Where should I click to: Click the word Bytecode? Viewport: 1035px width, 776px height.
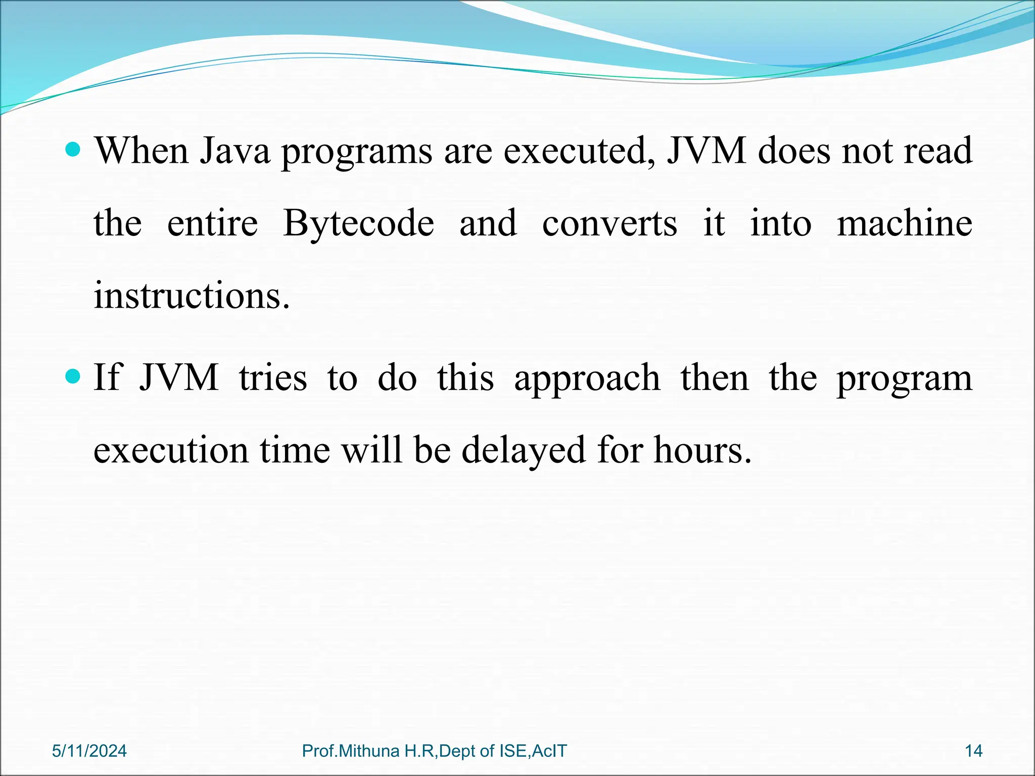pyautogui.click(x=358, y=224)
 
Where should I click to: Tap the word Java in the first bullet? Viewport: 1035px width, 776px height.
pyautogui.click(x=235, y=151)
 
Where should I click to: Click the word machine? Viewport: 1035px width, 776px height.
pyautogui.click(x=905, y=224)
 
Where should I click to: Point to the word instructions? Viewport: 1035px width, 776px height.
pyautogui.click(x=192, y=296)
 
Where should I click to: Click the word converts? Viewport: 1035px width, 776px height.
pyautogui.click(x=609, y=224)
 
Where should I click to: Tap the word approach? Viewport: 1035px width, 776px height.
pyautogui.click(x=587, y=378)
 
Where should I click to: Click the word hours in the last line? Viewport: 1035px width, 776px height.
pyautogui.click(x=702, y=450)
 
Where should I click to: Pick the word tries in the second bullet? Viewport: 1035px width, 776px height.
pyautogui.click(x=273, y=378)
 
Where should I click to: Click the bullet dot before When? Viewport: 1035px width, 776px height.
pyautogui.click(x=74, y=150)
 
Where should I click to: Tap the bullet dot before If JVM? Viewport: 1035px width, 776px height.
pyautogui.click(x=74, y=376)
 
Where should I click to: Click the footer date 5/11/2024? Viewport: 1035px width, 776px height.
pyautogui.click(x=89, y=751)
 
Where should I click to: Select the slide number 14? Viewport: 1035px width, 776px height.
pyautogui.click(x=973, y=751)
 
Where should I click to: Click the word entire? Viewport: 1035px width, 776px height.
pyautogui.click(x=212, y=224)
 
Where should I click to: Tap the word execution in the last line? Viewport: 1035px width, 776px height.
pyautogui.click(x=171, y=450)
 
